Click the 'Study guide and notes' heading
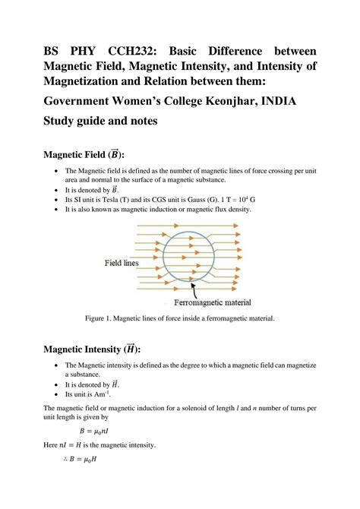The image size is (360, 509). (x=100, y=120)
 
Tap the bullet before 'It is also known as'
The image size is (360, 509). (x=58, y=209)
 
